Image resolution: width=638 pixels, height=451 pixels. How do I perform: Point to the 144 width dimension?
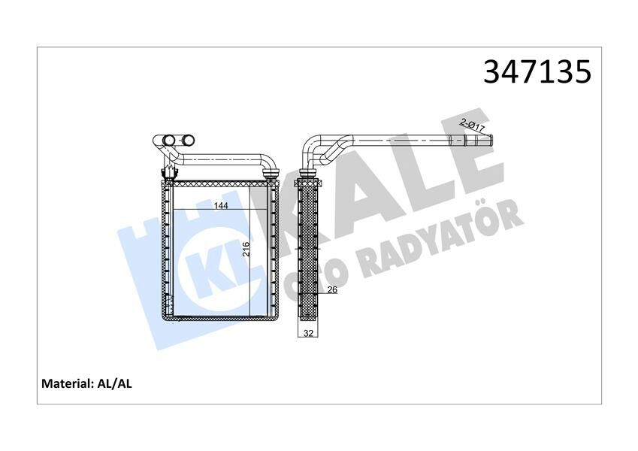(221, 204)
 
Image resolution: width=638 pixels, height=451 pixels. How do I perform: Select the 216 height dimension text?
(246, 250)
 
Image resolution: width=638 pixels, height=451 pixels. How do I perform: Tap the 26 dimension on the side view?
(331, 290)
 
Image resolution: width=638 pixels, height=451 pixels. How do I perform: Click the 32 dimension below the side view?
(308, 333)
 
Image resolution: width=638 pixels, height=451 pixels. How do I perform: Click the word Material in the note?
(67, 383)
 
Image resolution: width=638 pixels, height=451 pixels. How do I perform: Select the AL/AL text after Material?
(115, 383)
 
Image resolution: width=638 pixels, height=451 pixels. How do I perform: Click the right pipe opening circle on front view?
(185, 140)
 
